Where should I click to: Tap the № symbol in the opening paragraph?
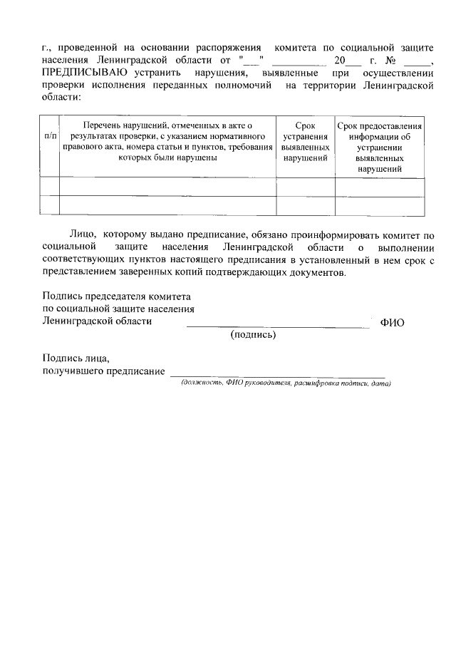(389, 60)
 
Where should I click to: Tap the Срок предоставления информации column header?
(379, 147)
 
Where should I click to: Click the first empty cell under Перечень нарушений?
(167, 187)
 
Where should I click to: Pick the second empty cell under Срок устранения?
(305, 205)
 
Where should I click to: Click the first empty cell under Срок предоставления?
(379, 187)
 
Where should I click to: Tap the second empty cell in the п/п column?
(50, 205)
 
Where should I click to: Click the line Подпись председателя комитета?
(116, 296)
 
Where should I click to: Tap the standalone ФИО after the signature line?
(393, 322)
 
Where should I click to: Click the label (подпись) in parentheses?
(253, 334)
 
